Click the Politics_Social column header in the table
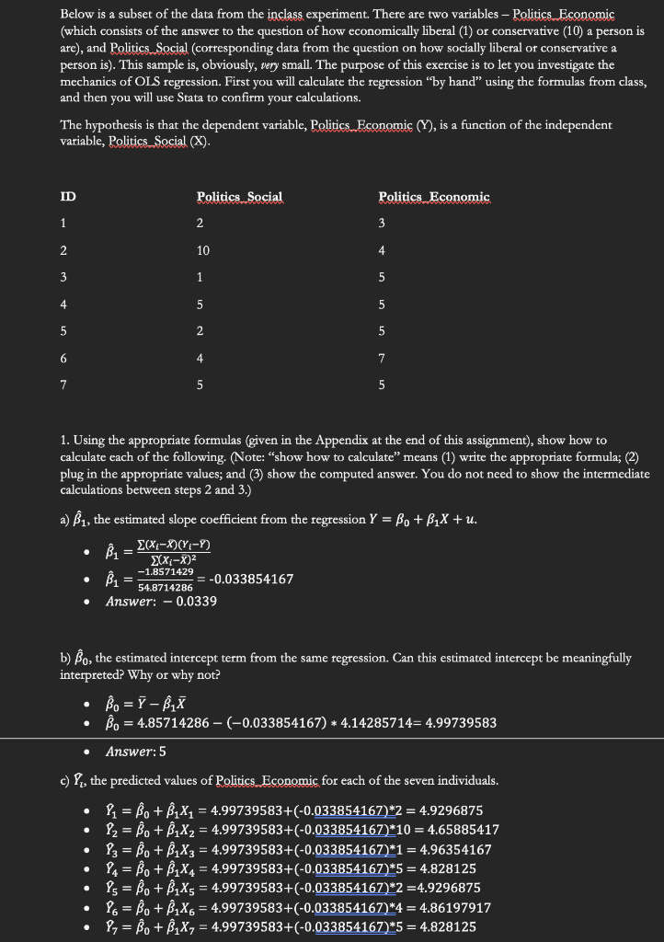click(239, 197)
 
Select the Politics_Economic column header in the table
click(434, 197)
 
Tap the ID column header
click(68, 197)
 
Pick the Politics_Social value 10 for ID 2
click(202, 250)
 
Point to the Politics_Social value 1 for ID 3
click(200, 277)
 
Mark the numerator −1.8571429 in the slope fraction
click(166, 571)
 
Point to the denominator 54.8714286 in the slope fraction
click(166, 586)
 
